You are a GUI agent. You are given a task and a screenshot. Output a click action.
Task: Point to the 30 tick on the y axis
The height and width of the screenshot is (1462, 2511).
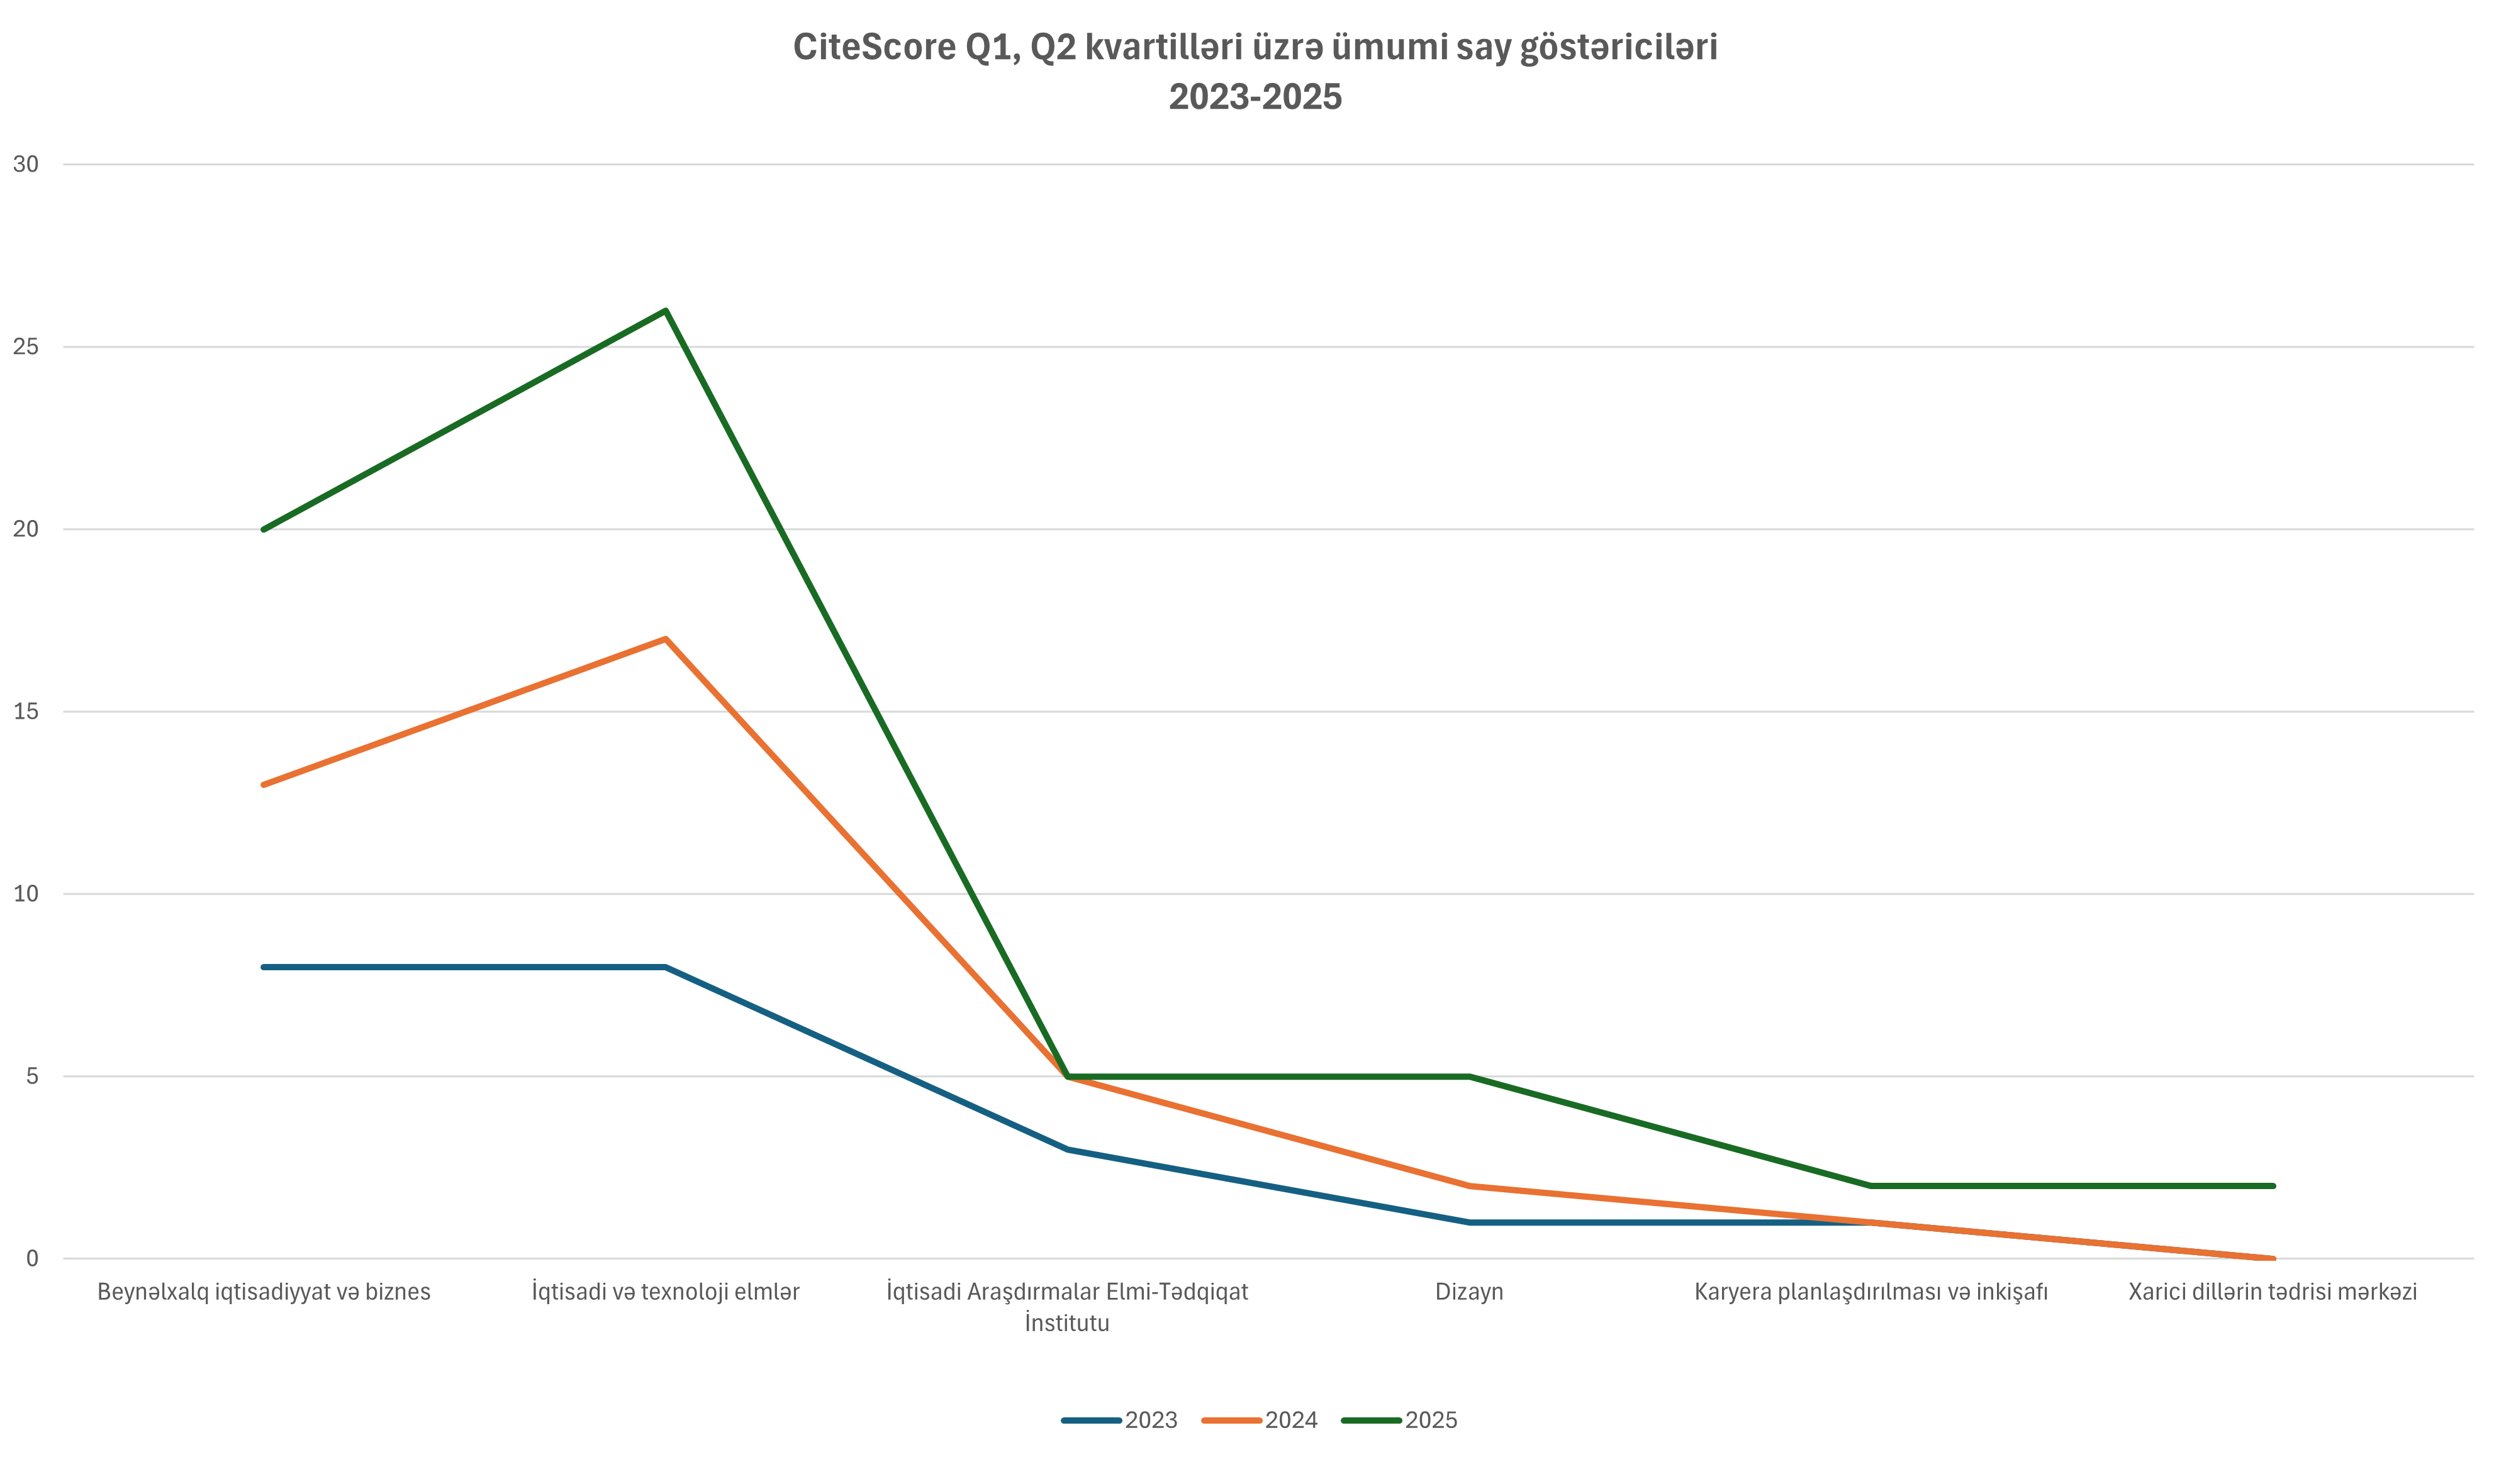[x=26, y=164]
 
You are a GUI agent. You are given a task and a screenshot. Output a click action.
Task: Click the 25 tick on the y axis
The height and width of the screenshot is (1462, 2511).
[x=26, y=346]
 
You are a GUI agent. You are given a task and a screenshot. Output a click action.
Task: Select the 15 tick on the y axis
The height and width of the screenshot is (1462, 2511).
[x=26, y=711]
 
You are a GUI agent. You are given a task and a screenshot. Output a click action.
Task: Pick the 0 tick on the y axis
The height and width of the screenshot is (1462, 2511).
[x=32, y=1259]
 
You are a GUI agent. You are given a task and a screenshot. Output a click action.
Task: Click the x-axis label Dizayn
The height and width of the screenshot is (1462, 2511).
[x=1468, y=1292]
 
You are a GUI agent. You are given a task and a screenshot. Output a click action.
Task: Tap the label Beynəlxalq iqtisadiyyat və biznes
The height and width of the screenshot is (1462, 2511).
[x=264, y=1292]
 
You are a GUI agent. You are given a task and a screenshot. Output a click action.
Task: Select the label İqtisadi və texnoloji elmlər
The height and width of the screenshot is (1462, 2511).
[x=666, y=1292]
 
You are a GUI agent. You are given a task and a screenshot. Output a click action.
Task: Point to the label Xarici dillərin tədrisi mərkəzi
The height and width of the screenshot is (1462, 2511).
[x=2273, y=1292]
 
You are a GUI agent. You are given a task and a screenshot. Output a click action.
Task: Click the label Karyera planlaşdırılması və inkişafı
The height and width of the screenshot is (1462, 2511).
[x=1871, y=1292]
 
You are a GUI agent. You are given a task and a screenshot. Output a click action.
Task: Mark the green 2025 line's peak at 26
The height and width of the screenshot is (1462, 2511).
[x=666, y=311]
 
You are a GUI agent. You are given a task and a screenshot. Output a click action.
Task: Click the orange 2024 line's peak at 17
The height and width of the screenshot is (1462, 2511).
[x=666, y=638]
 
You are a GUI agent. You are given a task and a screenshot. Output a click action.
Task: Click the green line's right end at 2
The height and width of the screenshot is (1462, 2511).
[x=2273, y=1186]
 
